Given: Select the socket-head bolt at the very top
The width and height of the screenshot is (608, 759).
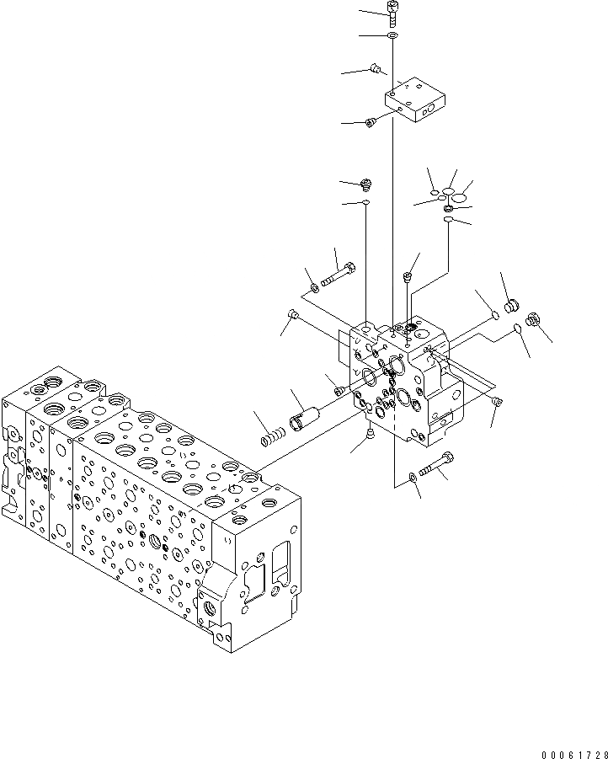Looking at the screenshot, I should pos(392,10).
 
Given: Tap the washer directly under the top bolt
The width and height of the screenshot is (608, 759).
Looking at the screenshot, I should pos(392,36).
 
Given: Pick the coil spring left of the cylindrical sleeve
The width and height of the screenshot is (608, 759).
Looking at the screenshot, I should pos(274,438).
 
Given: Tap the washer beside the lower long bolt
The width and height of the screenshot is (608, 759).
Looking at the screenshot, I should pos(411,478).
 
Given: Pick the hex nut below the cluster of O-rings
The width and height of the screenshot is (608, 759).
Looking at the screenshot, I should pos(449,209).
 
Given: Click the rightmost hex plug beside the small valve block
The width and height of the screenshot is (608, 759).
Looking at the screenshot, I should pos(532,319).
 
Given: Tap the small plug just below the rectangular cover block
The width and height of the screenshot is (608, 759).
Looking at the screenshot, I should pos(370,124).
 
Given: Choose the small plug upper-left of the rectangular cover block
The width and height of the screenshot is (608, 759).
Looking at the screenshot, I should pos(376,68).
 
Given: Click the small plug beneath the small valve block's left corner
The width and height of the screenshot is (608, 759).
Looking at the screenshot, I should pos(371,433).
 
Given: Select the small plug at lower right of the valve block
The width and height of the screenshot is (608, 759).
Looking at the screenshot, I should pos(497,402).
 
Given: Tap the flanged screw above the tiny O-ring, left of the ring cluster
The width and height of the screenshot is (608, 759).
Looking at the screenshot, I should pos(366,183).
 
